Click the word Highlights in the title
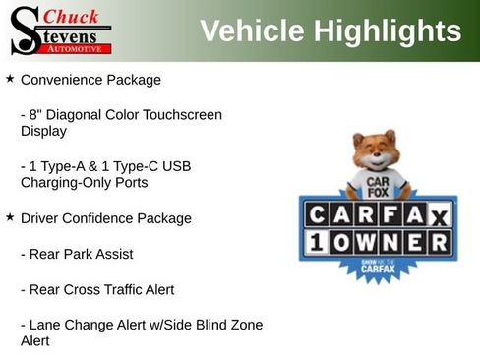tap(388, 30)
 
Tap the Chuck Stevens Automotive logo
tap(60, 30)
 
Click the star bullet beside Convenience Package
tap(10, 78)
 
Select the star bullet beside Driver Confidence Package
tap(10, 216)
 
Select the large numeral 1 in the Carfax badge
tap(317, 242)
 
